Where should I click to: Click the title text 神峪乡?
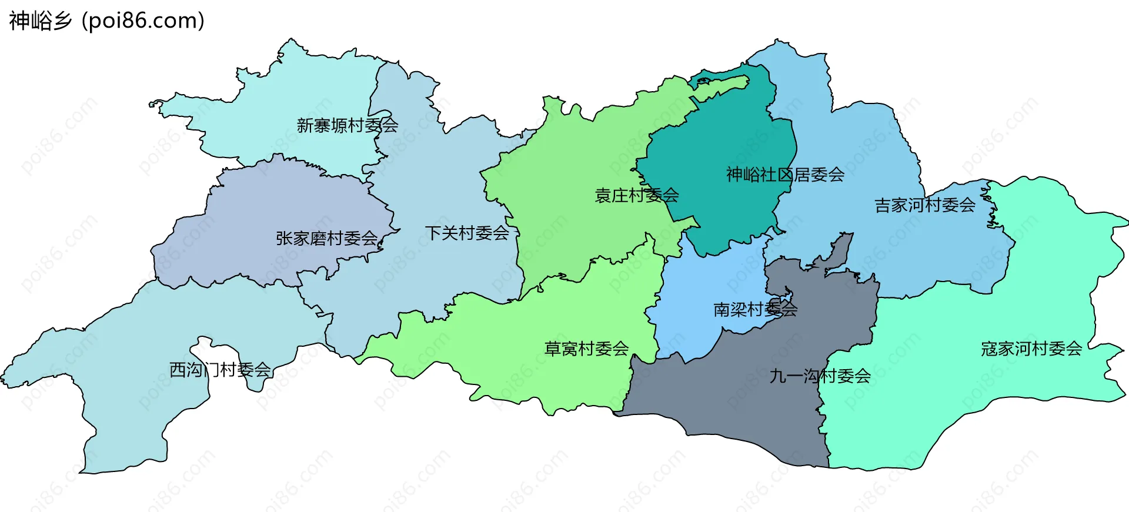point(40,21)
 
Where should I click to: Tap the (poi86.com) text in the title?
point(143,21)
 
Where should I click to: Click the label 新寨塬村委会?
point(347,125)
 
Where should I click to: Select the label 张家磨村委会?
point(326,238)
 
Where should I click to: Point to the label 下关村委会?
point(467,233)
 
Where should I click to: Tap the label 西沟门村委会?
point(220,370)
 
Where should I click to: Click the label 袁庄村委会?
point(637,195)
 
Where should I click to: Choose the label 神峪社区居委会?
point(785,175)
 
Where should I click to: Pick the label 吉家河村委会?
point(925,205)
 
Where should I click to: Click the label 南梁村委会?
point(755,309)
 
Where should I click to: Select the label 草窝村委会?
point(586,349)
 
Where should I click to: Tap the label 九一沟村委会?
point(820,376)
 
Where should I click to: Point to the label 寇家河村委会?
point(1031,349)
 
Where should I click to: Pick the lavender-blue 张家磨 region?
point(265,206)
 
